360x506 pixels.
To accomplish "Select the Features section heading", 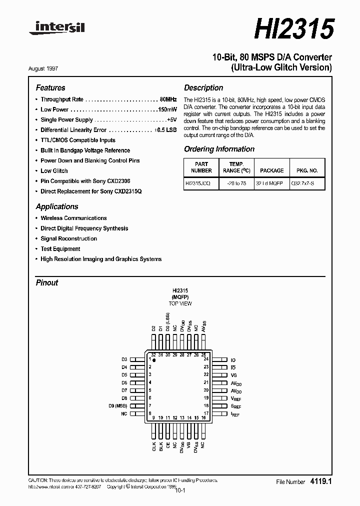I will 50,87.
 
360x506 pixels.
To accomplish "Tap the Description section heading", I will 203,87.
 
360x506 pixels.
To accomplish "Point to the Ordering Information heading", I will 219,149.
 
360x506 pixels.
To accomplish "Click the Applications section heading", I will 57,206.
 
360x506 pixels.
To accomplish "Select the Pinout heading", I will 47,282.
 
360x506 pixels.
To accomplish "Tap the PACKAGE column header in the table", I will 271,170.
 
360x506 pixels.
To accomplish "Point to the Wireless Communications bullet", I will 73,218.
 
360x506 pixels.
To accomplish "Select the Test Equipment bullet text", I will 60,248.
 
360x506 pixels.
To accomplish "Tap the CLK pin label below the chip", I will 154,446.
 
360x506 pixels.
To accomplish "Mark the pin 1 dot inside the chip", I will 154,360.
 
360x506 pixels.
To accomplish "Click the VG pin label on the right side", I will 233,375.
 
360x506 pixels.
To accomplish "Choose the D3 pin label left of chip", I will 124,359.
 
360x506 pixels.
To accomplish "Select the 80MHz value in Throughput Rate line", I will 168,99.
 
